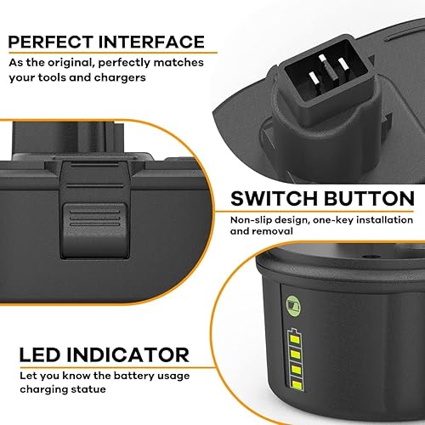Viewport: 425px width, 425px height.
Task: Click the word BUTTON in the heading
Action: click(x=365, y=199)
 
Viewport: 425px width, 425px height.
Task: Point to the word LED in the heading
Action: click(x=31, y=354)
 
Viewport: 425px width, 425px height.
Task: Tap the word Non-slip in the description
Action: click(x=253, y=221)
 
